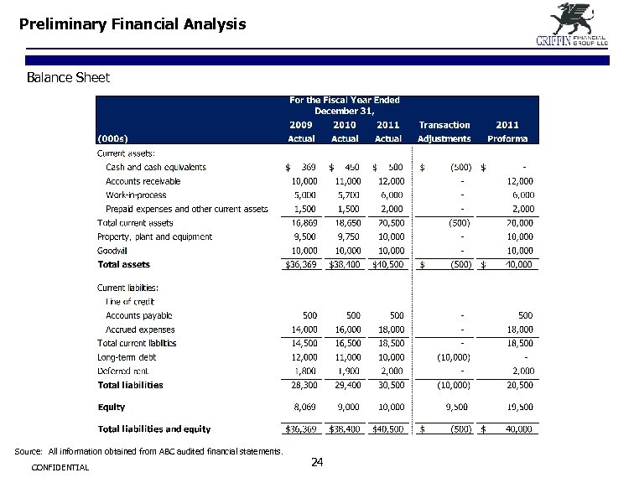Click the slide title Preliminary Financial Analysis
pos(133,24)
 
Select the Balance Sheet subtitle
pos(68,78)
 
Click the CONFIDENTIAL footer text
pos(59,467)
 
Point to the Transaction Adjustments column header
pos(444,132)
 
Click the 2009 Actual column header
pos(302,132)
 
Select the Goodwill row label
pos(112,251)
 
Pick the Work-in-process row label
pos(136,195)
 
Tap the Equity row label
pos(112,408)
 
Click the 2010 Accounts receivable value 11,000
pos(346,181)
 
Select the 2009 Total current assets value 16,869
pos(303,223)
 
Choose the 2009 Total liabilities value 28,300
pos(303,386)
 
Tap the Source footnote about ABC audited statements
pos(150,452)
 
